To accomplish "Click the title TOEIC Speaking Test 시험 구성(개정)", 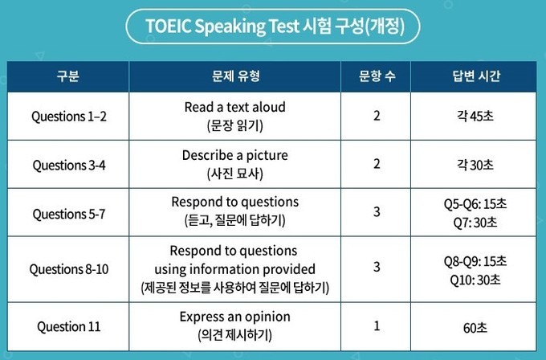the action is (x=275, y=27).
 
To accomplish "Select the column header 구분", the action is (x=68, y=76).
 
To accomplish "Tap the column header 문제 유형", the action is (x=236, y=76).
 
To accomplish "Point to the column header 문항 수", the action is (x=377, y=76).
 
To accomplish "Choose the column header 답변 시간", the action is (x=476, y=76).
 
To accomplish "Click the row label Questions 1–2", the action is (x=68, y=117).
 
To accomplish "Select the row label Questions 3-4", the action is (x=68, y=165).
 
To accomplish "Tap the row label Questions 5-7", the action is (x=68, y=214).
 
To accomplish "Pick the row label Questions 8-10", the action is (x=68, y=269).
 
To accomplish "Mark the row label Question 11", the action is (x=68, y=326).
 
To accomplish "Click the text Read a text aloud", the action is (x=235, y=107).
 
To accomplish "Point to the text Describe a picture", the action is (x=235, y=155).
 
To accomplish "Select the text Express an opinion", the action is (x=235, y=317).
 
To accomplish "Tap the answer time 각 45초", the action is (x=475, y=116).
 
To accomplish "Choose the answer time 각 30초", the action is (x=475, y=165).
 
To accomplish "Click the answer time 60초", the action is (x=475, y=328).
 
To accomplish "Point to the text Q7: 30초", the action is (x=475, y=223).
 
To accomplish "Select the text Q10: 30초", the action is (x=475, y=280).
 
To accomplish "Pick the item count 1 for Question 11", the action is (x=377, y=325).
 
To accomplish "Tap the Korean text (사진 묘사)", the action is (x=235, y=174).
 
